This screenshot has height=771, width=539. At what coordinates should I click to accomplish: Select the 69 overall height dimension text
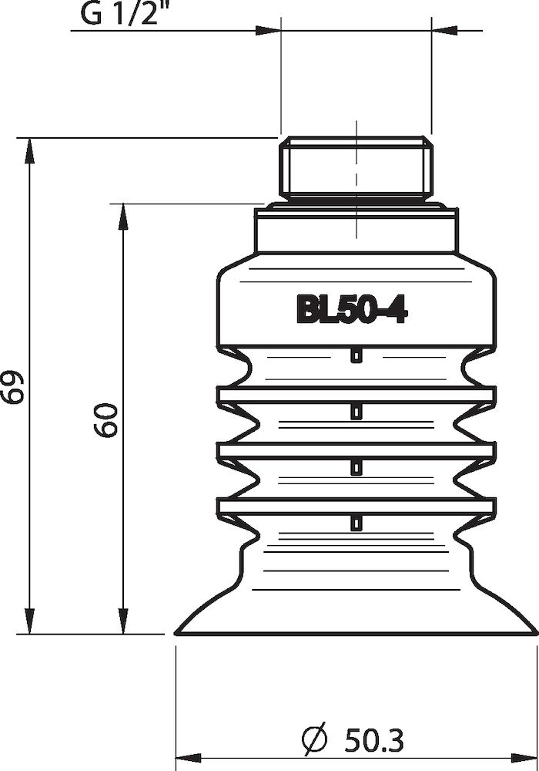(13, 386)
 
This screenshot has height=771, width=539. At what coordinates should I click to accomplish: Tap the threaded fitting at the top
(356, 165)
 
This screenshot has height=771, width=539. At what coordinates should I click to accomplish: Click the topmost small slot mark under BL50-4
(355, 355)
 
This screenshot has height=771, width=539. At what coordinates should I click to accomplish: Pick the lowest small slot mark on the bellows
(355, 524)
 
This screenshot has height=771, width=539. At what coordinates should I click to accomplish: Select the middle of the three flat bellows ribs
(356, 448)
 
